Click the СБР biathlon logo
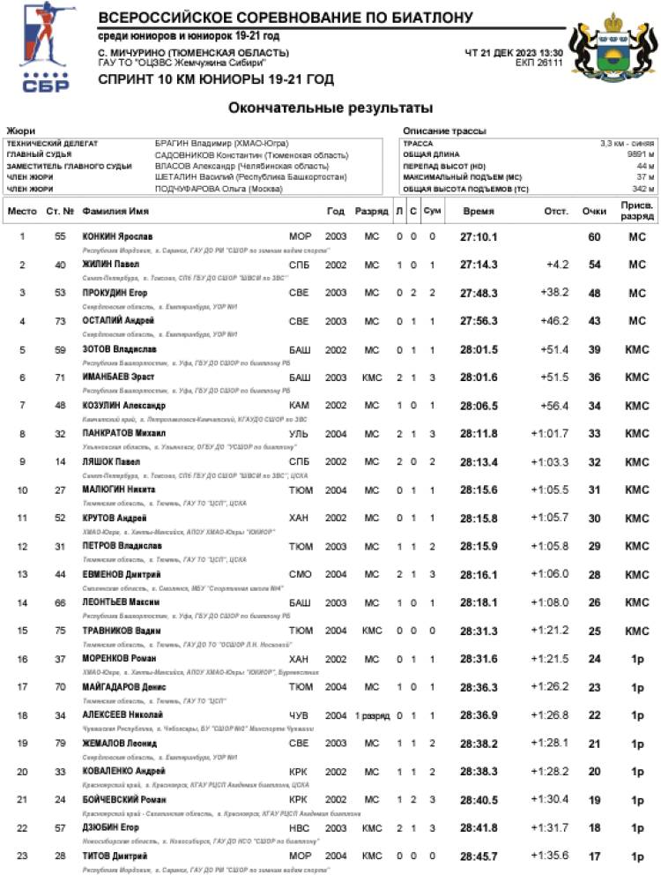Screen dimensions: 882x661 [43, 48]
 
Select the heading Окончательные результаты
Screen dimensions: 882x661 [330, 108]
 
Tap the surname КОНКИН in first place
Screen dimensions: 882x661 [99, 236]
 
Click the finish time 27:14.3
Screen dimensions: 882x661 [479, 265]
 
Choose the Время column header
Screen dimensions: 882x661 [479, 212]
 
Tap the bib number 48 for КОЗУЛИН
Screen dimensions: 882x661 [60, 406]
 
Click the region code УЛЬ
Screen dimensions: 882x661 [299, 434]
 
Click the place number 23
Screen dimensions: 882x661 [22, 856]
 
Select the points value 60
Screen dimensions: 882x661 [594, 236]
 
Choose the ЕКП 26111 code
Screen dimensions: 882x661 [538, 64]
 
